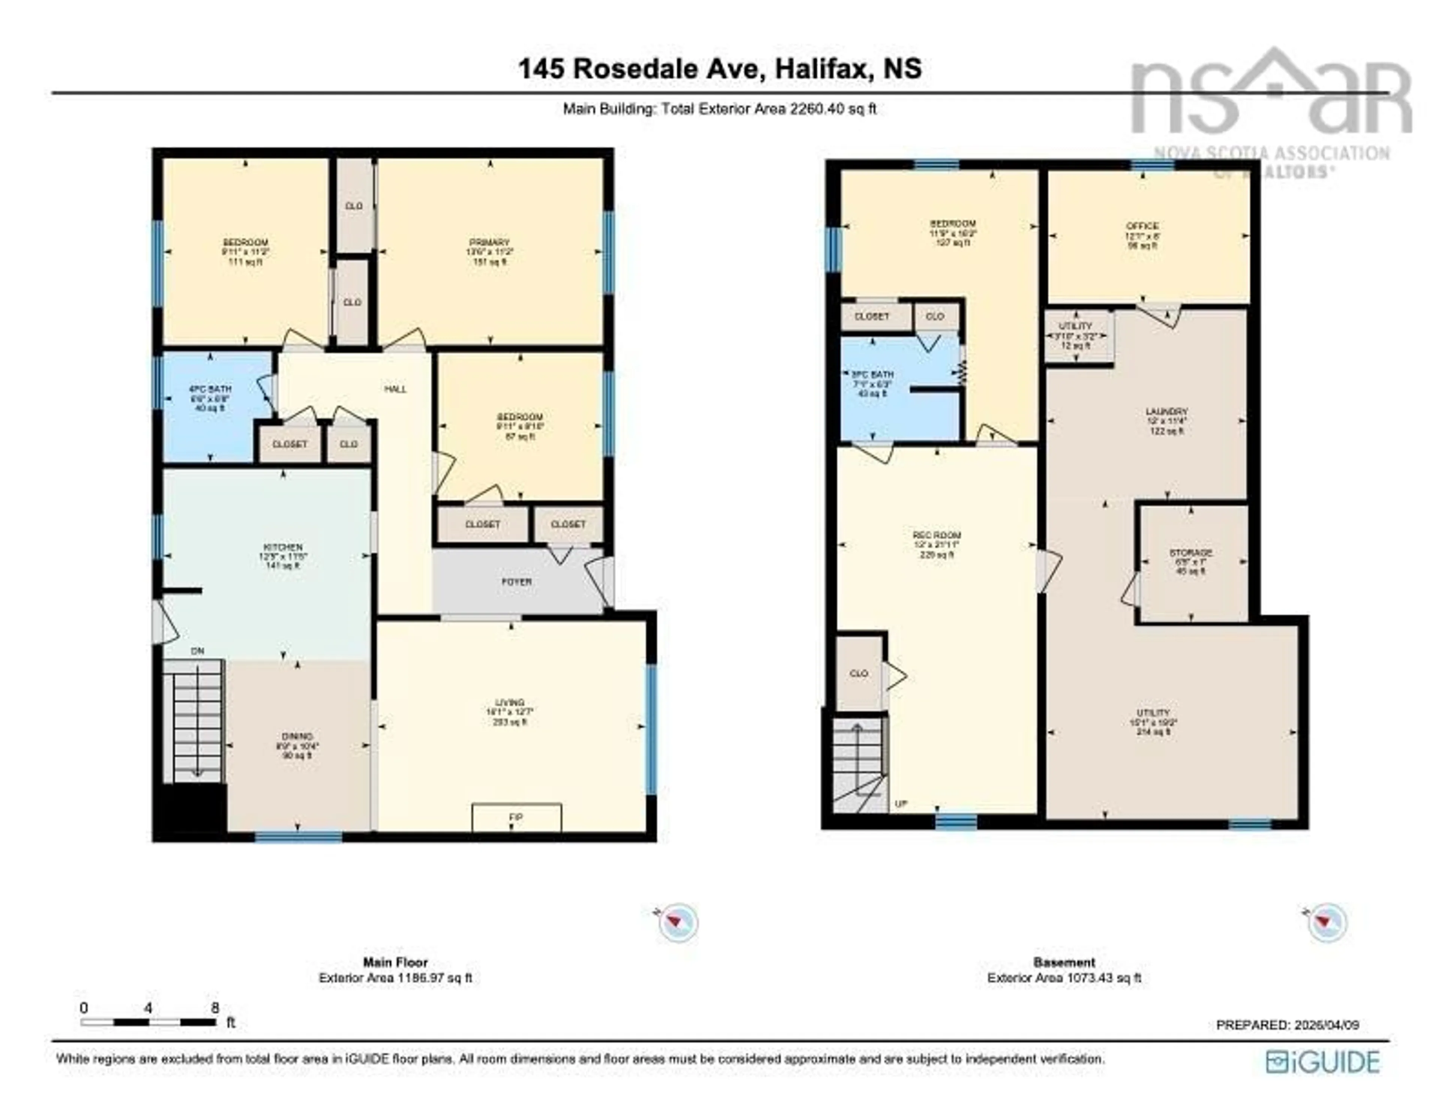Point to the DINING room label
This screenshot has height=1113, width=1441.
[x=297, y=736]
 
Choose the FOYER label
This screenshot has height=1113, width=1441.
[x=517, y=582]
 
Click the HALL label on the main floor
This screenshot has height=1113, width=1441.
[x=396, y=389]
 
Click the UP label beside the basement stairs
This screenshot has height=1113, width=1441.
[x=901, y=804]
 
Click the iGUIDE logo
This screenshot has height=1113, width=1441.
[x=1323, y=1062]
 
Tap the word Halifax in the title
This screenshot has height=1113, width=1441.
[x=820, y=69]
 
